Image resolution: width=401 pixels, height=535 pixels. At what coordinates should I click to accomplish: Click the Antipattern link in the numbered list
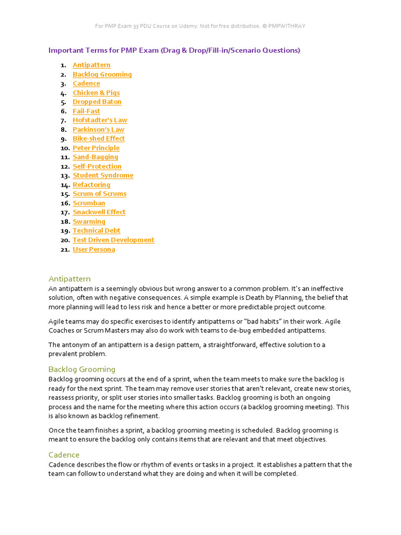click(91, 65)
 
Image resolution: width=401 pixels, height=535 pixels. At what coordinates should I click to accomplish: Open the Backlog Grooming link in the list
click(102, 74)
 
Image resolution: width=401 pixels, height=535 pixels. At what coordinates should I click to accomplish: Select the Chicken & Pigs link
click(96, 93)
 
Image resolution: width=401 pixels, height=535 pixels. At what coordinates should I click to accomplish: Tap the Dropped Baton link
click(97, 102)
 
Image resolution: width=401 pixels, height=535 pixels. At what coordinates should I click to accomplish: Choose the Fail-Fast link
click(86, 111)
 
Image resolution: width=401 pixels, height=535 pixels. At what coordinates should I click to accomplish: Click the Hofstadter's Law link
click(100, 120)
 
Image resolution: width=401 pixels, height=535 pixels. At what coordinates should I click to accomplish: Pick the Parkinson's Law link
click(98, 130)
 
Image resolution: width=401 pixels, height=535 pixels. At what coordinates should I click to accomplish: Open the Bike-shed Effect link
click(99, 138)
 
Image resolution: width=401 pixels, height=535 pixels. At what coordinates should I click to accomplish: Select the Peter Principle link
click(96, 148)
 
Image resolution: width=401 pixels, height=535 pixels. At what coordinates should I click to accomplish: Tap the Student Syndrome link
click(103, 176)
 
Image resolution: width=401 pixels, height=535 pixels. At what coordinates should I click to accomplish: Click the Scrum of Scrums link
click(99, 194)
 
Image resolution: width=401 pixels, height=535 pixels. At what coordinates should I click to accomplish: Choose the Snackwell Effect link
click(99, 212)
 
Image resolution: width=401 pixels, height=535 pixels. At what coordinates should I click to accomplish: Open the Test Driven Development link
click(113, 240)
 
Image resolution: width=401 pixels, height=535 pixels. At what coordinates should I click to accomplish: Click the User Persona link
click(93, 249)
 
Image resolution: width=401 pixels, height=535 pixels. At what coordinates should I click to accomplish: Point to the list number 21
click(65, 249)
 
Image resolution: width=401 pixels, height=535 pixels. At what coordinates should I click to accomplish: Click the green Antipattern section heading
click(69, 278)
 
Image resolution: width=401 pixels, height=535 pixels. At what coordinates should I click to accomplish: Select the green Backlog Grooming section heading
click(82, 369)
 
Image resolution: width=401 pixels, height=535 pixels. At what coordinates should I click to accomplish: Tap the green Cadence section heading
click(64, 455)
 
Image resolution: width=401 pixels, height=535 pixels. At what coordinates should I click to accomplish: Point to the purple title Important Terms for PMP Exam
click(174, 50)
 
